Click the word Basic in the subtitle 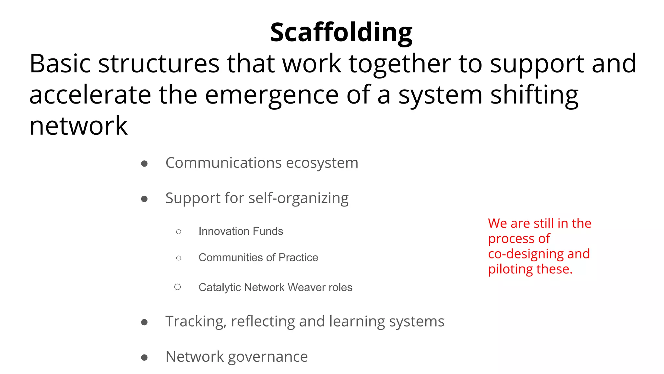tap(60, 64)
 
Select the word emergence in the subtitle tap(272, 95)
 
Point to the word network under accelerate tap(78, 126)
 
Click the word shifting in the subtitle tap(534, 95)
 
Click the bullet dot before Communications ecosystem tap(145, 164)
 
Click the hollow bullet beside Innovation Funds tap(179, 232)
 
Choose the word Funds tap(268, 231)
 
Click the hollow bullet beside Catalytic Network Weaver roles tap(178, 287)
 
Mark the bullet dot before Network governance tap(145, 358)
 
